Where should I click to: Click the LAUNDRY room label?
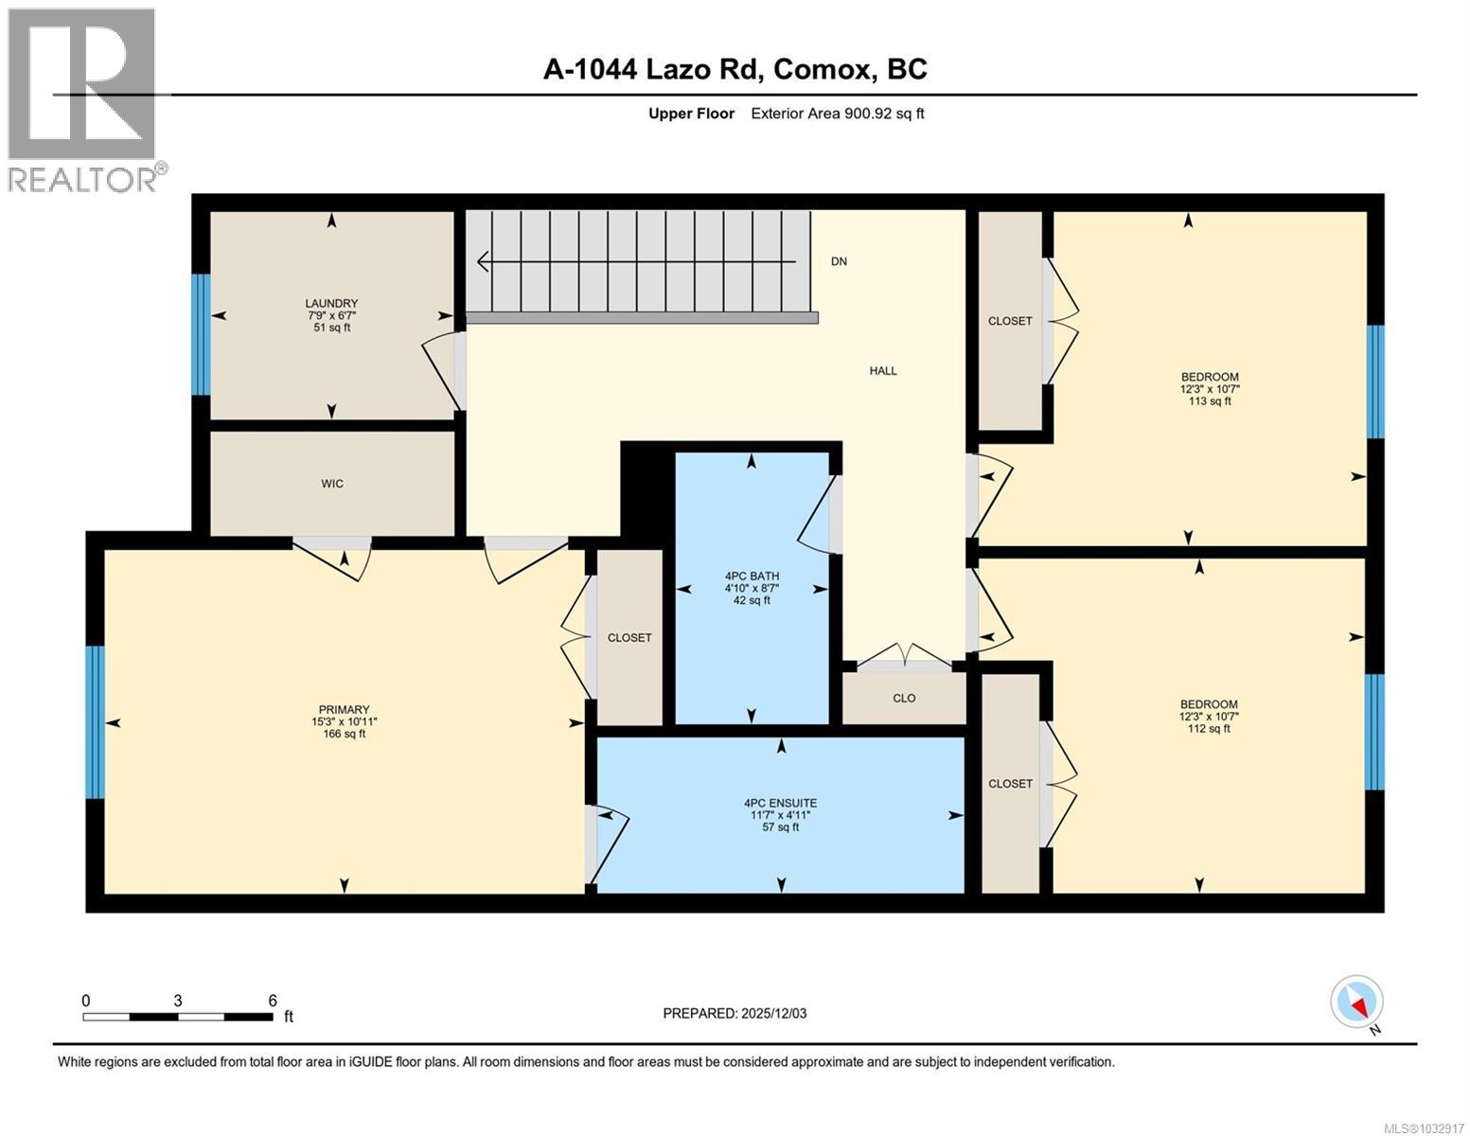(331, 304)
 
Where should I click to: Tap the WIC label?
(332, 484)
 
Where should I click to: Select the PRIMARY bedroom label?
(345, 710)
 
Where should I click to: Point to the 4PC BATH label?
(752, 577)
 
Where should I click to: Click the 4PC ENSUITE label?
(781, 803)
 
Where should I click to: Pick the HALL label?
(883, 371)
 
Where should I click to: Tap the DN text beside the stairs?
(839, 261)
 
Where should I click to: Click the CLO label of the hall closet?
(904, 699)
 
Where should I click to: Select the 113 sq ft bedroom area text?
(1210, 401)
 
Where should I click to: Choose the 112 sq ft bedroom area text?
(1209, 729)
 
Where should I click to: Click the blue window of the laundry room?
(201, 334)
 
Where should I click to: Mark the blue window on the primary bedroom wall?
(96, 722)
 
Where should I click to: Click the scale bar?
(178, 1017)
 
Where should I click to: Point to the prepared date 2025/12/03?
(774, 1014)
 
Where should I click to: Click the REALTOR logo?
(84, 100)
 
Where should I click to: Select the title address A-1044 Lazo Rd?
(653, 69)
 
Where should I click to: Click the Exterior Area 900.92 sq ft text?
(838, 114)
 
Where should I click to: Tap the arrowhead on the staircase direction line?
(483, 261)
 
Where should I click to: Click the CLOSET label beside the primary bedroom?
(629, 638)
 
